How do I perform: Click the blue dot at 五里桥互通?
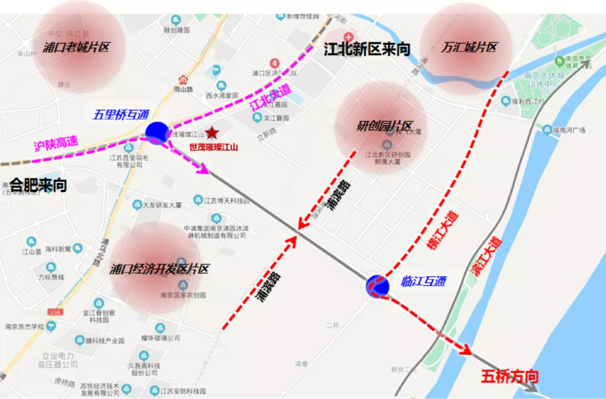tap(157, 132)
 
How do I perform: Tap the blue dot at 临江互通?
tap(377, 286)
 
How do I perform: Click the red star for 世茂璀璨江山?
tap(212, 133)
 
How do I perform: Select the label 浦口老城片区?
tap(76, 47)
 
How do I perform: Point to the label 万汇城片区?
tap(469, 47)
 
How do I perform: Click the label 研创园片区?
tap(384, 126)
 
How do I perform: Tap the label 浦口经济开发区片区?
tap(160, 269)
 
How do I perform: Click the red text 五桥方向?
tap(509, 376)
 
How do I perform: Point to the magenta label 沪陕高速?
tap(56, 145)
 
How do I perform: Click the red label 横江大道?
tap(443, 230)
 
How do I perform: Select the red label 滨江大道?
tap(486, 256)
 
